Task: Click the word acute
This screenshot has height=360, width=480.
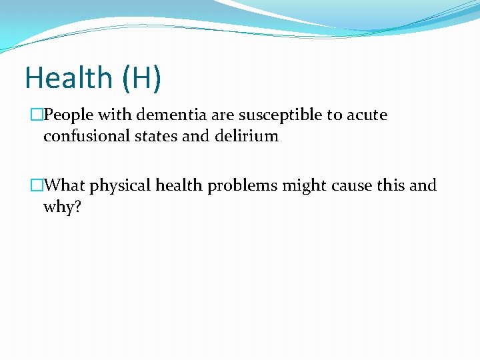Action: click(x=366, y=115)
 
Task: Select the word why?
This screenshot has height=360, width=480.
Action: click(x=62, y=207)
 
